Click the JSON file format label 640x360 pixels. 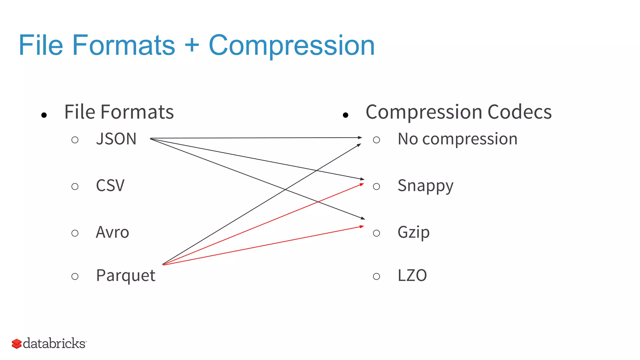pos(116,139)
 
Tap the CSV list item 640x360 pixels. pos(110,186)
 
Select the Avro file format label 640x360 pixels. pos(112,232)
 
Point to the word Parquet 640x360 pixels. pos(125,276)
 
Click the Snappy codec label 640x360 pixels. pos(425,186)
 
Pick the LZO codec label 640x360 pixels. pos(412,276)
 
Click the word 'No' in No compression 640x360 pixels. pos(407,139)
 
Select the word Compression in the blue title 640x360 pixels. pos(291,46)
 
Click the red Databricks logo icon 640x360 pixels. pos(17,344)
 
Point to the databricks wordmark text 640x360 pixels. pos(54,343)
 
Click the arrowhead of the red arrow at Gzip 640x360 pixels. pos(362,226)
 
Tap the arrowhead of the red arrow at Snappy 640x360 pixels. pos(362,184)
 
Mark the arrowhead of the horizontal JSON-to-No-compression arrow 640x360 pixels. pos(360,137)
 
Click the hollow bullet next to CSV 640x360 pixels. pos(75,187)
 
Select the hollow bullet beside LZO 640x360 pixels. pos(376,276)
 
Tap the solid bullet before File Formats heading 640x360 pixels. pos(44,115)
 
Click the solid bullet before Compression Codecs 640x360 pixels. pos(345,115)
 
